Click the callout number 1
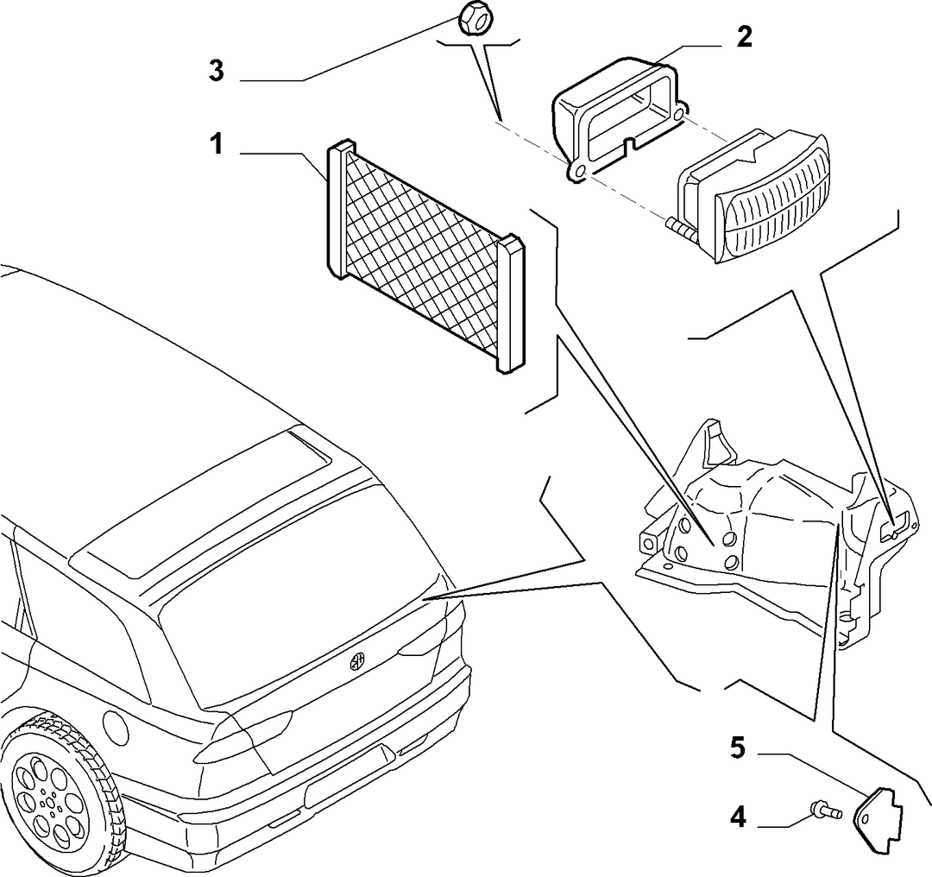217,144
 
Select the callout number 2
744,37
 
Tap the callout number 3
217,71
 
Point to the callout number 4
738,818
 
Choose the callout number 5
737,748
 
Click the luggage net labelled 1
425,256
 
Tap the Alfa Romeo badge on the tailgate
356,661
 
